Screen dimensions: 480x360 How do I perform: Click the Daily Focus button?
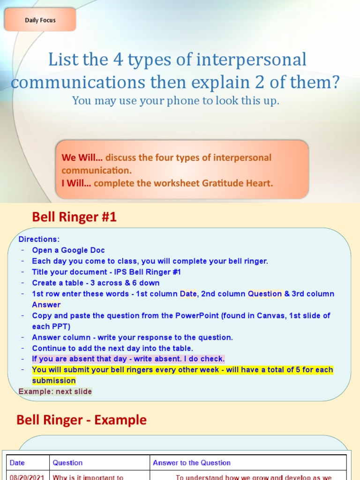pos(40,20)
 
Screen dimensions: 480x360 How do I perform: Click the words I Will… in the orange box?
pos(76,183)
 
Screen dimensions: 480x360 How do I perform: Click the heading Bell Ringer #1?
pos(74,217)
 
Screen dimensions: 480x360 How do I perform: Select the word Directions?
pos(39,239)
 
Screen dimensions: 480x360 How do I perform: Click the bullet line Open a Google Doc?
pos(68,250)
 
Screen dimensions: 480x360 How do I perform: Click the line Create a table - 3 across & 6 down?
pos(96,283)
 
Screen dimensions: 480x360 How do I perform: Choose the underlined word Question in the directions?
pos(265,294)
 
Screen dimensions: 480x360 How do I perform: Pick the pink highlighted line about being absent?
pos(128,359)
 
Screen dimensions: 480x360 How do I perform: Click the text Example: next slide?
pos(55,391)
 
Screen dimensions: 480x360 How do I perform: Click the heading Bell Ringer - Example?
pos(82,420)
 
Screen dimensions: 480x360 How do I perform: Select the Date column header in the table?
pos(17,463)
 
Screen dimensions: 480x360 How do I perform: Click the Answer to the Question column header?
pos(192,463)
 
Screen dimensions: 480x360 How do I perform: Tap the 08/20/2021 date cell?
pos(27,477)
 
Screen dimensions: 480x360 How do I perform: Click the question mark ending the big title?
pos(333,82)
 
